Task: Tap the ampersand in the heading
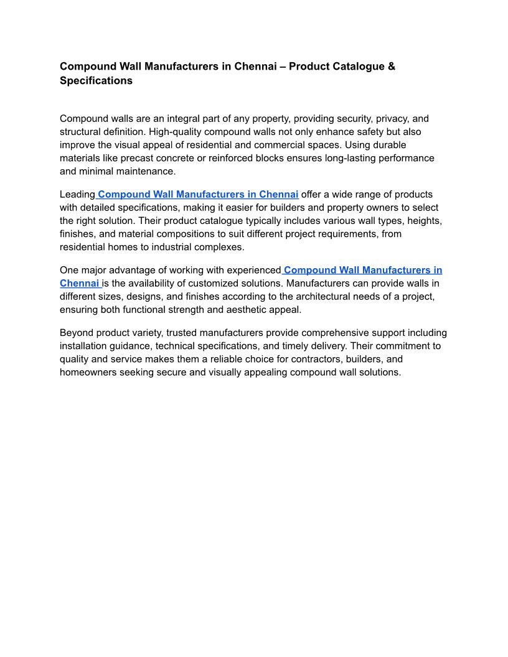click(392, 66)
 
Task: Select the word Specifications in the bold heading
click(96, 81)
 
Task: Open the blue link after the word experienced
click(362, 270)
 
